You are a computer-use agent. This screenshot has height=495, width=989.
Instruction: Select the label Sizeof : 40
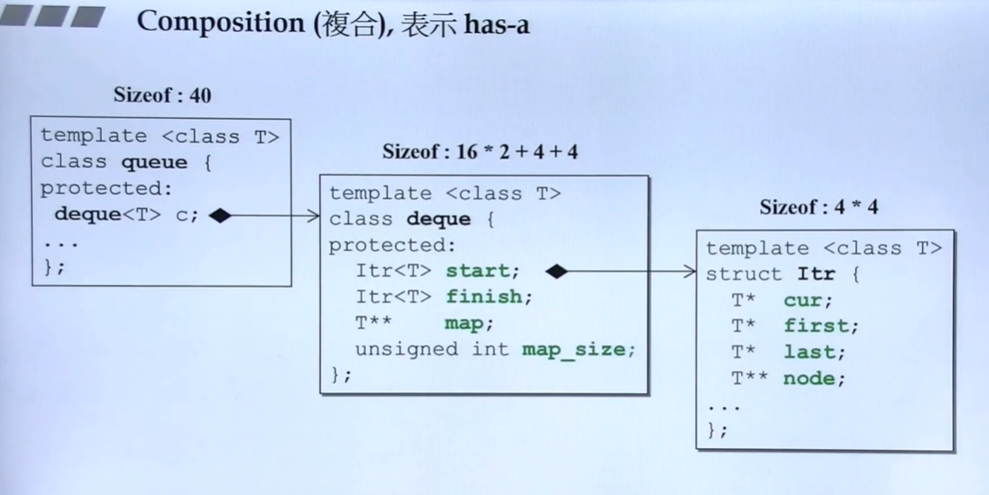point(162,95)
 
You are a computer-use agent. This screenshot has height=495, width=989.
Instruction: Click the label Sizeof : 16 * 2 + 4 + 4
point(480,151)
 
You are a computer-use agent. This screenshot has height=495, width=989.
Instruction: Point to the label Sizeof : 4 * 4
point(819,207)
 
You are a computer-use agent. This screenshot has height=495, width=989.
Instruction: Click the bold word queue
point(154,162)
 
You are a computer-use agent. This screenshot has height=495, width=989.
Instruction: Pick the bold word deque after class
point(439,219)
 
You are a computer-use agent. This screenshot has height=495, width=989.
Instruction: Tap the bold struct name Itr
point(816,274)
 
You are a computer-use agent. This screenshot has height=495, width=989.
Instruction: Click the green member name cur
point(808,300)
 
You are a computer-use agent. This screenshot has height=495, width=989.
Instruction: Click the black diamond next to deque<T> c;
point(220,215)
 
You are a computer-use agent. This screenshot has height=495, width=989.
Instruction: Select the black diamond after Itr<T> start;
point(556,271)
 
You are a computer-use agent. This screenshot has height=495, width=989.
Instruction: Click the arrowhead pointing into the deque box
point(314,216)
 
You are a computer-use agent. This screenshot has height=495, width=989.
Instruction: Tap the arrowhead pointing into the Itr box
point(691,271)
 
